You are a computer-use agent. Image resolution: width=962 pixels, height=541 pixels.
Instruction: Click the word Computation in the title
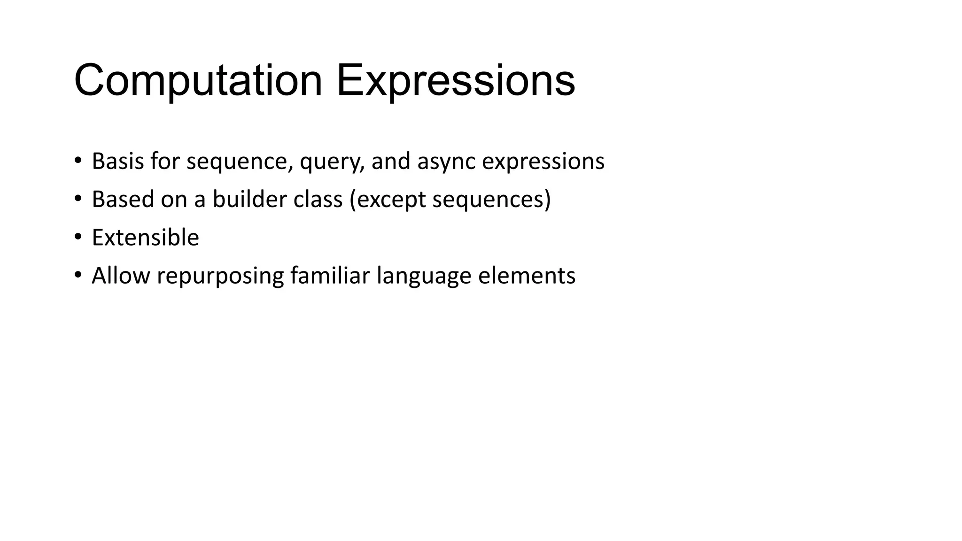(198, 81)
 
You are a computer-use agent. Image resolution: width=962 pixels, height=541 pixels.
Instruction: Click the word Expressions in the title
(455, 81)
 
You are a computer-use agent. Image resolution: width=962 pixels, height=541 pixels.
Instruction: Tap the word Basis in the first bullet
(117, 161)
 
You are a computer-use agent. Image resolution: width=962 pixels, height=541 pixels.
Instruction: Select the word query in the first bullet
(332, 162)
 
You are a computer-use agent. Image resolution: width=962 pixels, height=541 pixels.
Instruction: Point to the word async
(446, 162)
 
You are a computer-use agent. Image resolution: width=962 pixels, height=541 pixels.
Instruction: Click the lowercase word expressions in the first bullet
(543, 162)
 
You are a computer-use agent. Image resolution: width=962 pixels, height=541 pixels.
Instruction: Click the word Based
(123, 199)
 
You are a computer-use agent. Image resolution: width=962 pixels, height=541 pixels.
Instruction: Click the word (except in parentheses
(388, 200)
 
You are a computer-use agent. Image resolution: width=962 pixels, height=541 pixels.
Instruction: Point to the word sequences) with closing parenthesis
(491, 200)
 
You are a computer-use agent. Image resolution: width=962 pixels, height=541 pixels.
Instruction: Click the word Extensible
(145, 237)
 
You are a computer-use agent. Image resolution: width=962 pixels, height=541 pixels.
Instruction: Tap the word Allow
(121, 275)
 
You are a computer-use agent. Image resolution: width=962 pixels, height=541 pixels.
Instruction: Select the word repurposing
(220, 276)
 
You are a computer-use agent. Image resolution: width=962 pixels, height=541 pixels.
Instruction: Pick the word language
(424, 276)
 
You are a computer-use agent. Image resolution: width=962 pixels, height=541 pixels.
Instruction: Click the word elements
(527, 275)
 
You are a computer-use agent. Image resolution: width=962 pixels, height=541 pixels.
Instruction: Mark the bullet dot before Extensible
(78, 236)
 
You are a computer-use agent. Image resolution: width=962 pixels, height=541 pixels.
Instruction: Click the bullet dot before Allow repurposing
(78, 274)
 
